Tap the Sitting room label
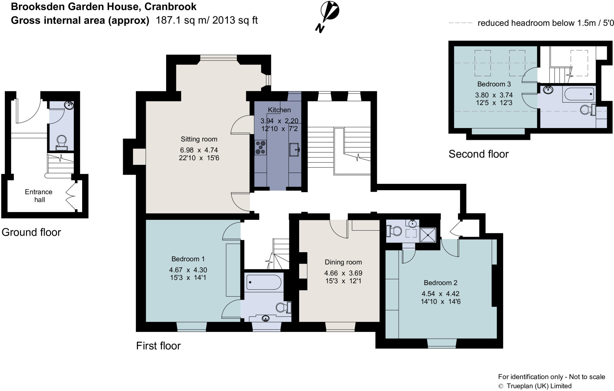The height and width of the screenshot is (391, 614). point(199,139)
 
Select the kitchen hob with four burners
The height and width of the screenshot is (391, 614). point(260,148)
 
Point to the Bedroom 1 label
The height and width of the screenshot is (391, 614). point(188,259)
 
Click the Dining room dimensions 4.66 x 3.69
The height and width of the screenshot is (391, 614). point(343,273)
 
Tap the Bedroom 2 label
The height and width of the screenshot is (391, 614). point(440,282)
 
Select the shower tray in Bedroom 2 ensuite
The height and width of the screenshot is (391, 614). point(428,235)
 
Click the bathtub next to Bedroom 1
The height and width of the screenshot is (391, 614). point(264,282)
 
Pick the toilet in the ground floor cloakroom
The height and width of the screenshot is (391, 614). point(62,143)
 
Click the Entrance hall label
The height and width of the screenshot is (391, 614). point(39,196)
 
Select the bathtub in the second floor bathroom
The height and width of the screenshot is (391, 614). point(579,94)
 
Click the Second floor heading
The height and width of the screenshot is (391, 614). point(478,154)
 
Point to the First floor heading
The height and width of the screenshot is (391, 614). point(158,346)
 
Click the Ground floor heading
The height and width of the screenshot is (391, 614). point(31,232)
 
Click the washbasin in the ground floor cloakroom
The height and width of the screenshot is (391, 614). point(70,105)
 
